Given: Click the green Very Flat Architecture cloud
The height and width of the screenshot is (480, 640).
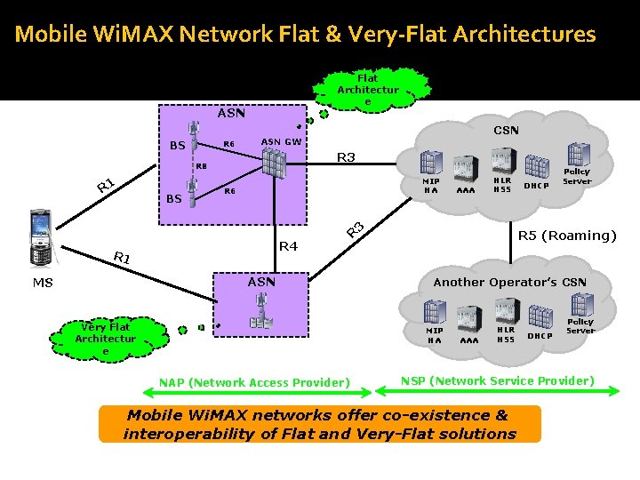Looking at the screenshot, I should [x=106, y=339].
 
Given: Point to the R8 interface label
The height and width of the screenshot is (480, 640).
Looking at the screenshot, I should [x=201, y=165].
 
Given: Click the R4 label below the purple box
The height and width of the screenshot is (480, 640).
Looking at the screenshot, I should [x=288, y=245].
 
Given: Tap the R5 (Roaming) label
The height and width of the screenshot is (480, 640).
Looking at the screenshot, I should [x=567, y=236].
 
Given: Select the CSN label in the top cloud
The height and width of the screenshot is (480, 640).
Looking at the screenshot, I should [x=506, y=130].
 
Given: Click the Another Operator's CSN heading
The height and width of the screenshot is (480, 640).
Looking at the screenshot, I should [x=509, y=282].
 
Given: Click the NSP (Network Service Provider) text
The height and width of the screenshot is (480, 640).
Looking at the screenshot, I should [x=497, y=380].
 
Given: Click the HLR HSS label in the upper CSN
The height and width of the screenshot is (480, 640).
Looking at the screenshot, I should [x=503, y=185].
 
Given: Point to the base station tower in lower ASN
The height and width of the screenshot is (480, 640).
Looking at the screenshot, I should [x=261, y=312].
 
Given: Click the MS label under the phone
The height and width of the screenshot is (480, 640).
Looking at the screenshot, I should [x=43, y=283].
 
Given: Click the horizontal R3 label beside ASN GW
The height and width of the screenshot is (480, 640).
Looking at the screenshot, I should [x=345, y=157].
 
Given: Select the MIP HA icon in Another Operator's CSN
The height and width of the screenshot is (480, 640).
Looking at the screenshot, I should [x=434, y=312].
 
